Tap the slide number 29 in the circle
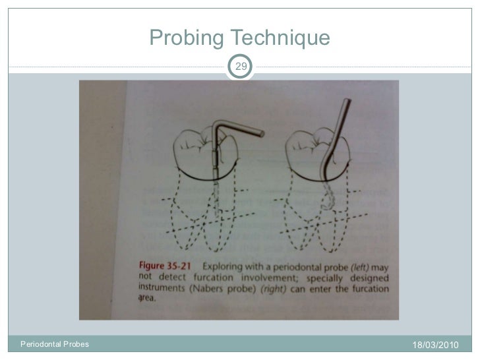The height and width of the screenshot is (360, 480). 242,66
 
